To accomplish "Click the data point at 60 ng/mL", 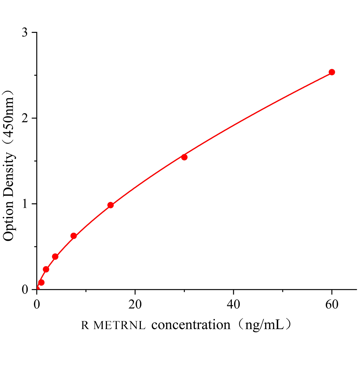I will coord(332,72).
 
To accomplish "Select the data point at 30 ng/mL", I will coord(184,157).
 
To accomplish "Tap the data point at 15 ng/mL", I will coord(111,205).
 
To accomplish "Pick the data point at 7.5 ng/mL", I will coord(74,236).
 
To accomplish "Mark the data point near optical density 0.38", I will coord(55,257).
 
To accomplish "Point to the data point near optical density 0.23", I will coord(46,269).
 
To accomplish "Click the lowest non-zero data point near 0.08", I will coord(41,282).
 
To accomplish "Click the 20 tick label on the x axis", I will coord(135,304).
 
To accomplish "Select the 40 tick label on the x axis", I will coord(233,304).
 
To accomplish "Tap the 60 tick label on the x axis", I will coord(332,304).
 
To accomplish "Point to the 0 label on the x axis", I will coord(37,304).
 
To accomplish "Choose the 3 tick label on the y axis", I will coord(25,33).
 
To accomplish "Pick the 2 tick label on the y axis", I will coord(25,118).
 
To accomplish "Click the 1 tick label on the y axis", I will coord(25,204).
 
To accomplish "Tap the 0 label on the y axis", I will coord(25,289).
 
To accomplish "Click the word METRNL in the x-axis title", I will coord(119,326).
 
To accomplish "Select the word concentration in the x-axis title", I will coord(191,325).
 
